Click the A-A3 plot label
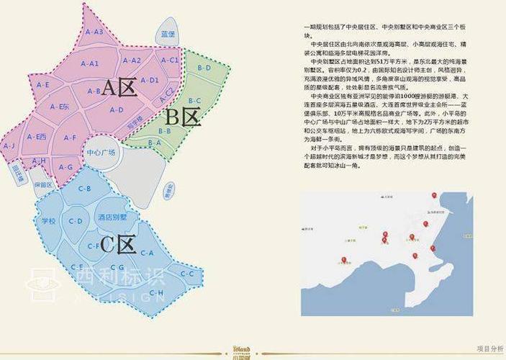95,32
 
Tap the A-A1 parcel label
90,63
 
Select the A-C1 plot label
170,60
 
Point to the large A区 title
119,88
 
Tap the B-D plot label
204,68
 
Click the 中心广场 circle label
101,153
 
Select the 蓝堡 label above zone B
168,34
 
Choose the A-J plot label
9,145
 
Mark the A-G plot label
66,167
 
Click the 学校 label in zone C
49,221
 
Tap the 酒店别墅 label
112,217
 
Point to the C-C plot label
187,274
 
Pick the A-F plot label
70,137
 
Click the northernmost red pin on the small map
434,195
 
